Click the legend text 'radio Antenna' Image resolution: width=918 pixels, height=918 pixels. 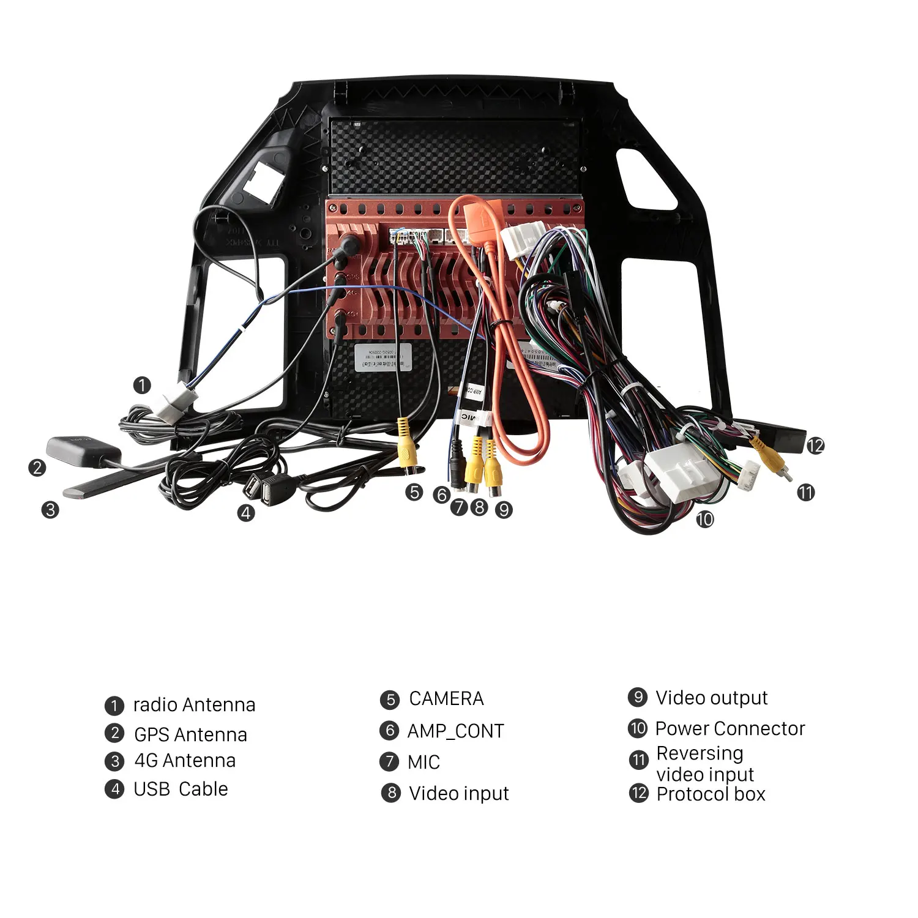(x=194, y=705)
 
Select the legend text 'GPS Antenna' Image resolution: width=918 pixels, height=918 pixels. (x=190, y=734)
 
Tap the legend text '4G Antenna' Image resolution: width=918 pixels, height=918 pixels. (x=185, y=761)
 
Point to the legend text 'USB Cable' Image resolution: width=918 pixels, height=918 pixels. (x=181, y=789)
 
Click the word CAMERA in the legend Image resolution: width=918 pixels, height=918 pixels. (x=446, y=699)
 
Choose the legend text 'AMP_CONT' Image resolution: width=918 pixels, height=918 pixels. (x=455, y=731)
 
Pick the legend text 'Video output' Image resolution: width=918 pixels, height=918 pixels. (x=711, y=698)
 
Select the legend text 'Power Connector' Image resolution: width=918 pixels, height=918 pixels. (x=730, y=728)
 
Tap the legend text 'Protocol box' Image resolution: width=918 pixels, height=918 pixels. (x=711, y=794)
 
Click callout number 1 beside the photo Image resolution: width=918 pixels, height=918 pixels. (x=142, y=386)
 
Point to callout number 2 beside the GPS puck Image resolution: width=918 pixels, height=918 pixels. (x=37, y=468)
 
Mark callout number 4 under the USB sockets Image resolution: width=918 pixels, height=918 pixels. (x=246, y=513)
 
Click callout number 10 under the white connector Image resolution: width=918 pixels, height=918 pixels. (x=704, y=520)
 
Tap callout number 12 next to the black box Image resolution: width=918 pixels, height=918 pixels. (x=815, y=446)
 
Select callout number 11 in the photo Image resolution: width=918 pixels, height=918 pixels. (x=806, y=492)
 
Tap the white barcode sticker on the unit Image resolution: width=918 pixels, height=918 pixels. (x=383, y=357)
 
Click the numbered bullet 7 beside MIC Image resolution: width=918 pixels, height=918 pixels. (x=389, y=762)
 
